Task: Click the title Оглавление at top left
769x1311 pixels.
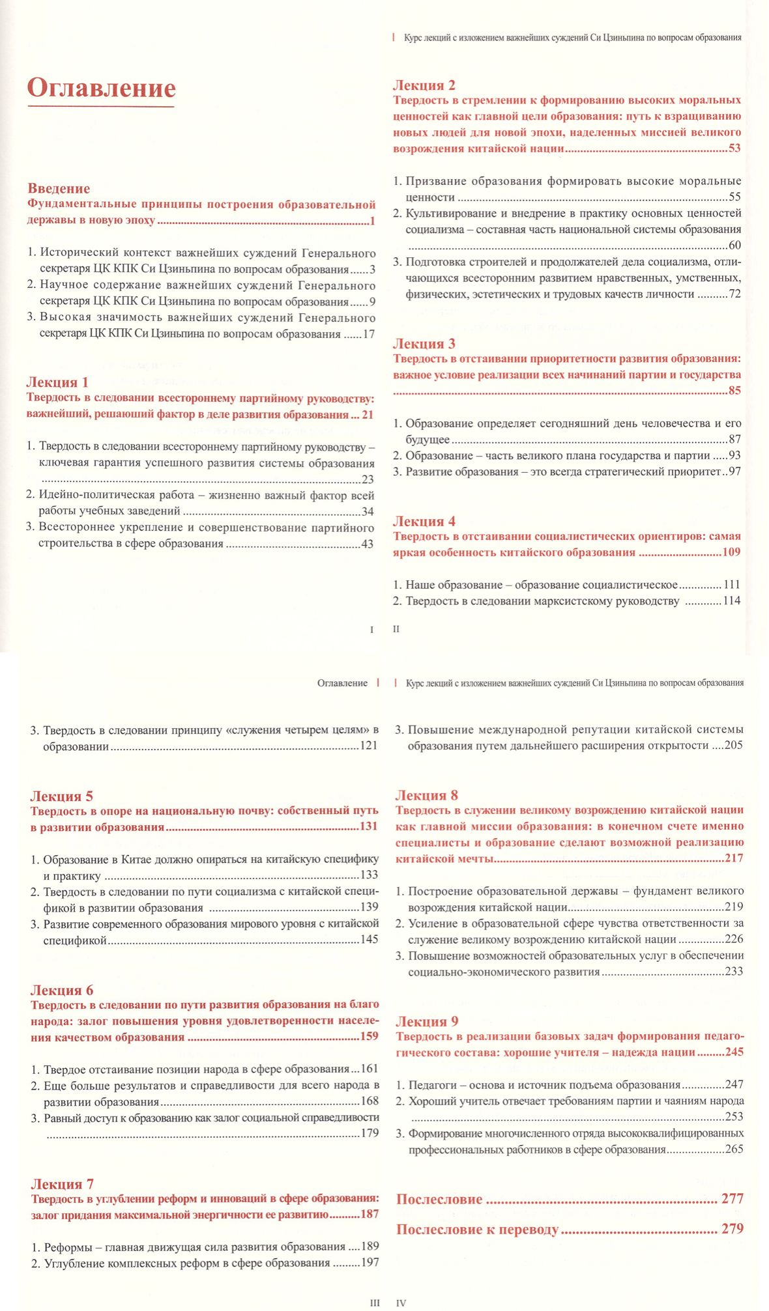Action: (102, 88)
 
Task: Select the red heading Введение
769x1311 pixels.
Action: (59, 189)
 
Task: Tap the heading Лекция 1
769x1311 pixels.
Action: (57, 382)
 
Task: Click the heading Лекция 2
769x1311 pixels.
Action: (424, 85)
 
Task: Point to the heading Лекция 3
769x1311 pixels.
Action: (424, 344)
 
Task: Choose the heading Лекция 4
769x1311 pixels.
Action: (424, 522)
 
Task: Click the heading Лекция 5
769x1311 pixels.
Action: (62, 796)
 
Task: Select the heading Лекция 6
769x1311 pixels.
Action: (62, 990)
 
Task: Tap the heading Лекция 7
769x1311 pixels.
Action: (62, 1184)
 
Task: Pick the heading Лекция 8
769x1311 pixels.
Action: (427, 795)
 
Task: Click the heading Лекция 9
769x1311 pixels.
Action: (427, 1021)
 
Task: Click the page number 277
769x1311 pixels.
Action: (732, 1198)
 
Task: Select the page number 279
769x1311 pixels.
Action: (732, 1229)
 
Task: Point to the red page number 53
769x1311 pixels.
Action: (734, 148)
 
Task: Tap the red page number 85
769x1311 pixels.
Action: (734, 391)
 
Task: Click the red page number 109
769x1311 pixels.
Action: (731, 552)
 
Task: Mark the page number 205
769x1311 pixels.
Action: (733, 746)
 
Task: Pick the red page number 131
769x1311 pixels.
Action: (369, 827)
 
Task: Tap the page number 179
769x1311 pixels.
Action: (370, 1133)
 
